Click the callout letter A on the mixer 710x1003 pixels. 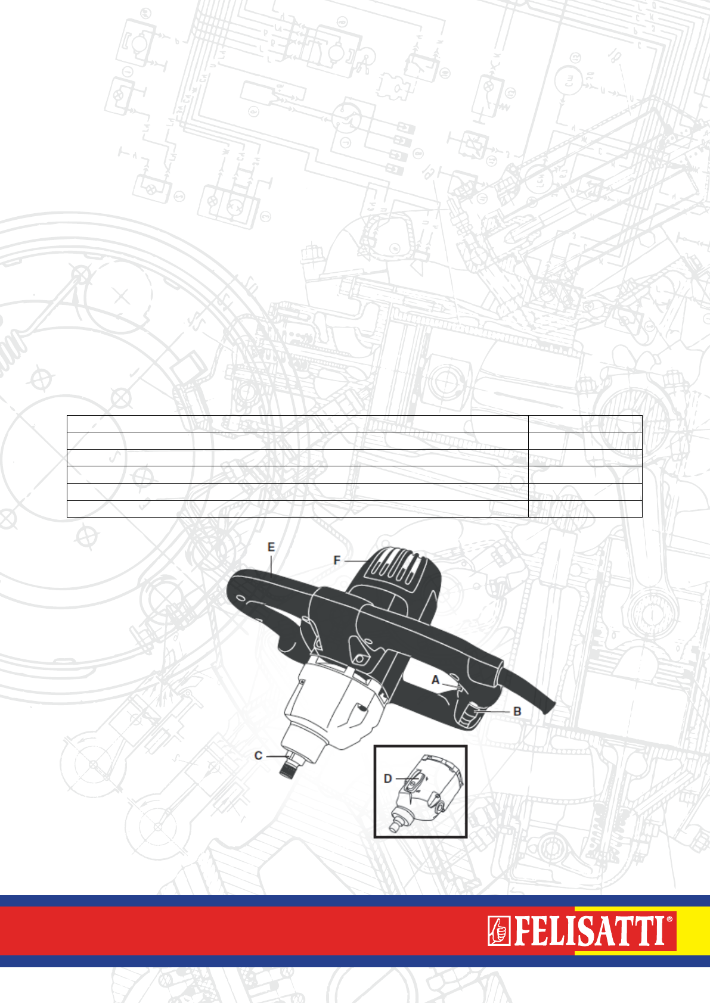(x=435, y=680)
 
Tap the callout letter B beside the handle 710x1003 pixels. (x=517, y=712)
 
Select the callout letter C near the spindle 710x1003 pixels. (x=258, y=756)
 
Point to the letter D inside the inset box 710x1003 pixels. (x=388, y=778)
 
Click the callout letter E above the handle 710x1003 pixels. (x=271, y=547)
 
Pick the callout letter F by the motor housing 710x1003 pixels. (x=337, y=560)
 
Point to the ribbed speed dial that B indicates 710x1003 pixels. (x=469, y=712)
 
